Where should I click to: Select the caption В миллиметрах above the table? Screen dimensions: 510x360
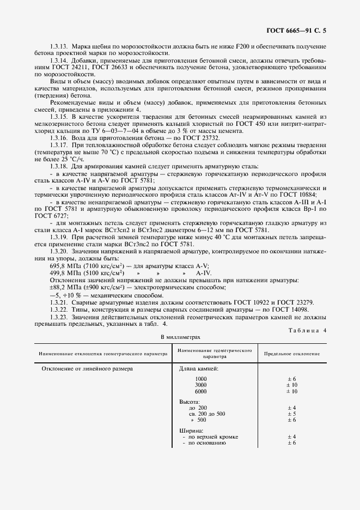[180, 337]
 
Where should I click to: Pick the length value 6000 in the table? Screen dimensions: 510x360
[200, 391]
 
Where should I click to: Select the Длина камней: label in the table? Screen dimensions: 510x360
[199, 369]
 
